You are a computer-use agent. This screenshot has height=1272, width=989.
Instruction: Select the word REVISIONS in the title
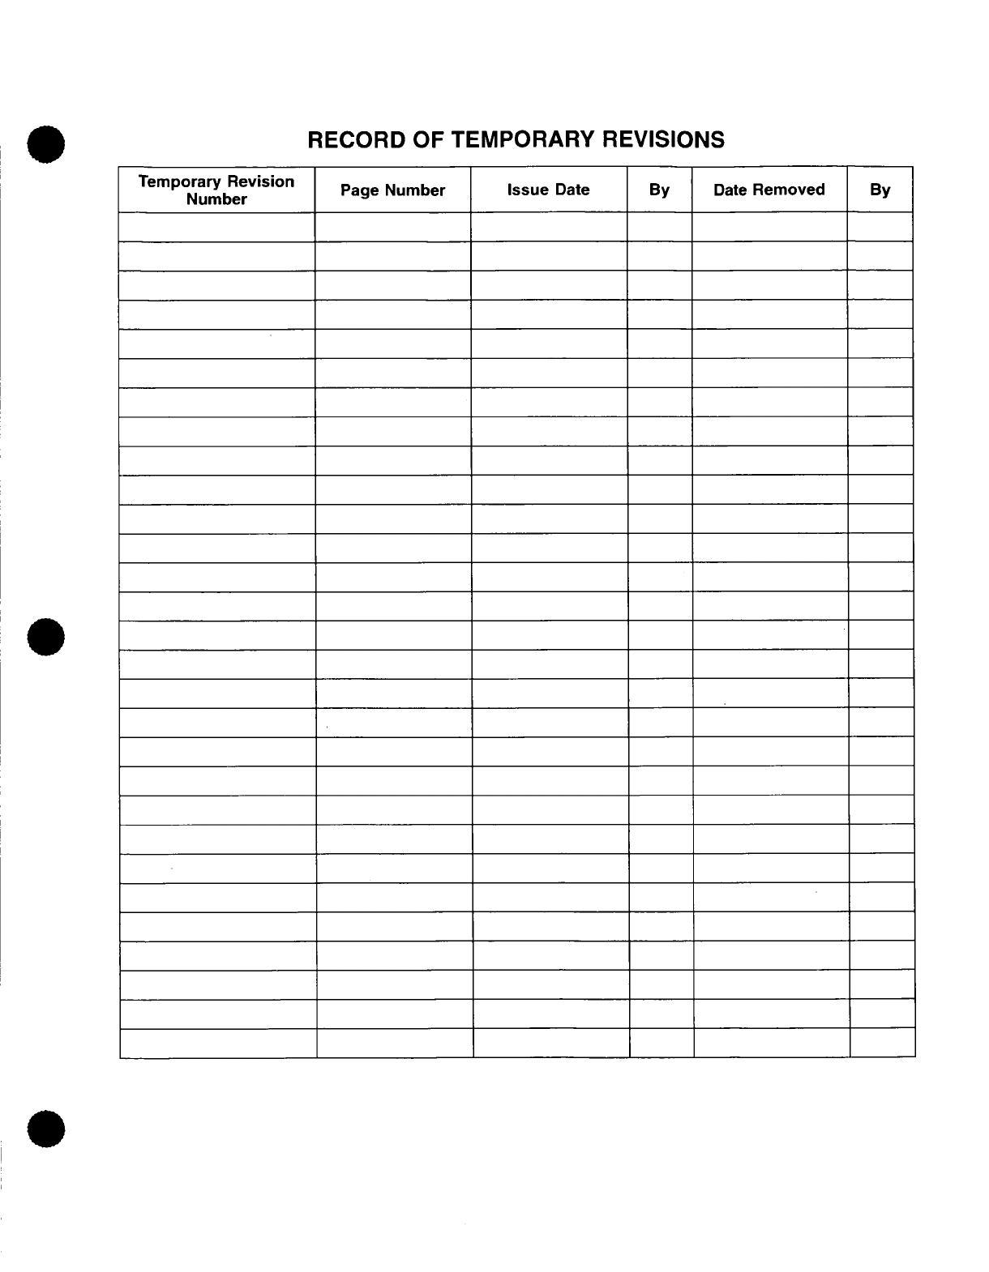click(x=663, y=140)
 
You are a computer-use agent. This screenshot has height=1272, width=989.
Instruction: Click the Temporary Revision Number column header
click(x=216, y=190)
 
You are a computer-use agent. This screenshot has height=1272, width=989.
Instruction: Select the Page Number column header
click(x=392, y=190)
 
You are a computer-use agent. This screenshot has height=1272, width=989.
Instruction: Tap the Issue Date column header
click(x=548, y=190)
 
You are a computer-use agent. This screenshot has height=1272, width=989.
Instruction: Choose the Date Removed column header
click(x=769, y=190)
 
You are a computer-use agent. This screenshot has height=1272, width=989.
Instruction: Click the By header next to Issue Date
click(x=659, y=190)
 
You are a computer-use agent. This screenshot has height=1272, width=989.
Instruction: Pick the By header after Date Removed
click(x=880, y=190)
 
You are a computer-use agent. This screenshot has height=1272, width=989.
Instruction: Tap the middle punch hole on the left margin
click(x=45, y=637)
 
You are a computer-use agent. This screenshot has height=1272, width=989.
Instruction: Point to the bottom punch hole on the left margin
click(x=45, y=1129)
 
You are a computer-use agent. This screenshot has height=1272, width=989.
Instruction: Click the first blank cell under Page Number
click(x=392, y=227)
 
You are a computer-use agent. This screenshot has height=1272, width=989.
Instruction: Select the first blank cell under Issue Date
click(x=548, y=227)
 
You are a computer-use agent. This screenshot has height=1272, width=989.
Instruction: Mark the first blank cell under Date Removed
click(x=769, y=227)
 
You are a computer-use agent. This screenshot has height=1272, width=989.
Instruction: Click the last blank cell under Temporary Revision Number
click(x=217, y=1044)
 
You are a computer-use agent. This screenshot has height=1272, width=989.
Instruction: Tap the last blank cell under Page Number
click(x=394, y=1044)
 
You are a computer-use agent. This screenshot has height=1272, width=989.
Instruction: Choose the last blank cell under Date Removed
click(x=771, y=1044)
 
